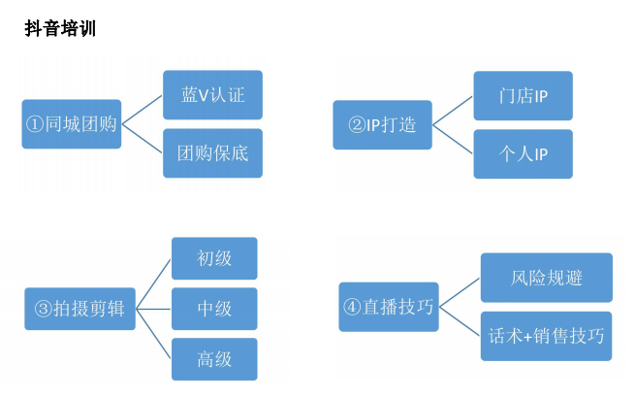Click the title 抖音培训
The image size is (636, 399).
pyautogui.click(x=60, y=29)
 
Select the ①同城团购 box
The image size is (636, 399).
pyautogui.click(x=72, y=124)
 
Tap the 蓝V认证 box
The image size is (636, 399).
pyautogui.click(x=212, y=95)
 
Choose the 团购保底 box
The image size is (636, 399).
pyautogui.click(x=212, y=152)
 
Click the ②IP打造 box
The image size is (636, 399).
pyautogui.click(x=382, y=125)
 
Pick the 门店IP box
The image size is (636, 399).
pyautogui.click(x=523, y=97)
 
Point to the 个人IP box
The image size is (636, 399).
pyautogui.click(x=523, y=153)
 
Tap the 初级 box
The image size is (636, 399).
pyautogui.click(x=214, y=258)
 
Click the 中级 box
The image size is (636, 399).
pyautogui.click(x=214, y=309)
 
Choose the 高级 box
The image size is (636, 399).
pyautogui.click(x=214, y=360)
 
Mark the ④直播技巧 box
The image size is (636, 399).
pyautogui.click(x=386, y=308)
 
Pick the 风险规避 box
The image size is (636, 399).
pyautogui.click(x=546, y=278)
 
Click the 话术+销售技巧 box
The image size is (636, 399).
pyautogui.click(x=546, y=336)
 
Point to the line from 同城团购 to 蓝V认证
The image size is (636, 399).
pyautogui.click(x=143, y=109)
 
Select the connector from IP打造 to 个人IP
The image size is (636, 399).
pyautogui.click(x=453, y=140)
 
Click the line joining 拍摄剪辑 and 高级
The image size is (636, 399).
pyautogui.click(x=153, y=335)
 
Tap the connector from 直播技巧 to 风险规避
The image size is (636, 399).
pyautogui.click(x=458, y=292)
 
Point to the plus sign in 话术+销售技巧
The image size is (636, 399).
pyautogui.click(x=525, y=336)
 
